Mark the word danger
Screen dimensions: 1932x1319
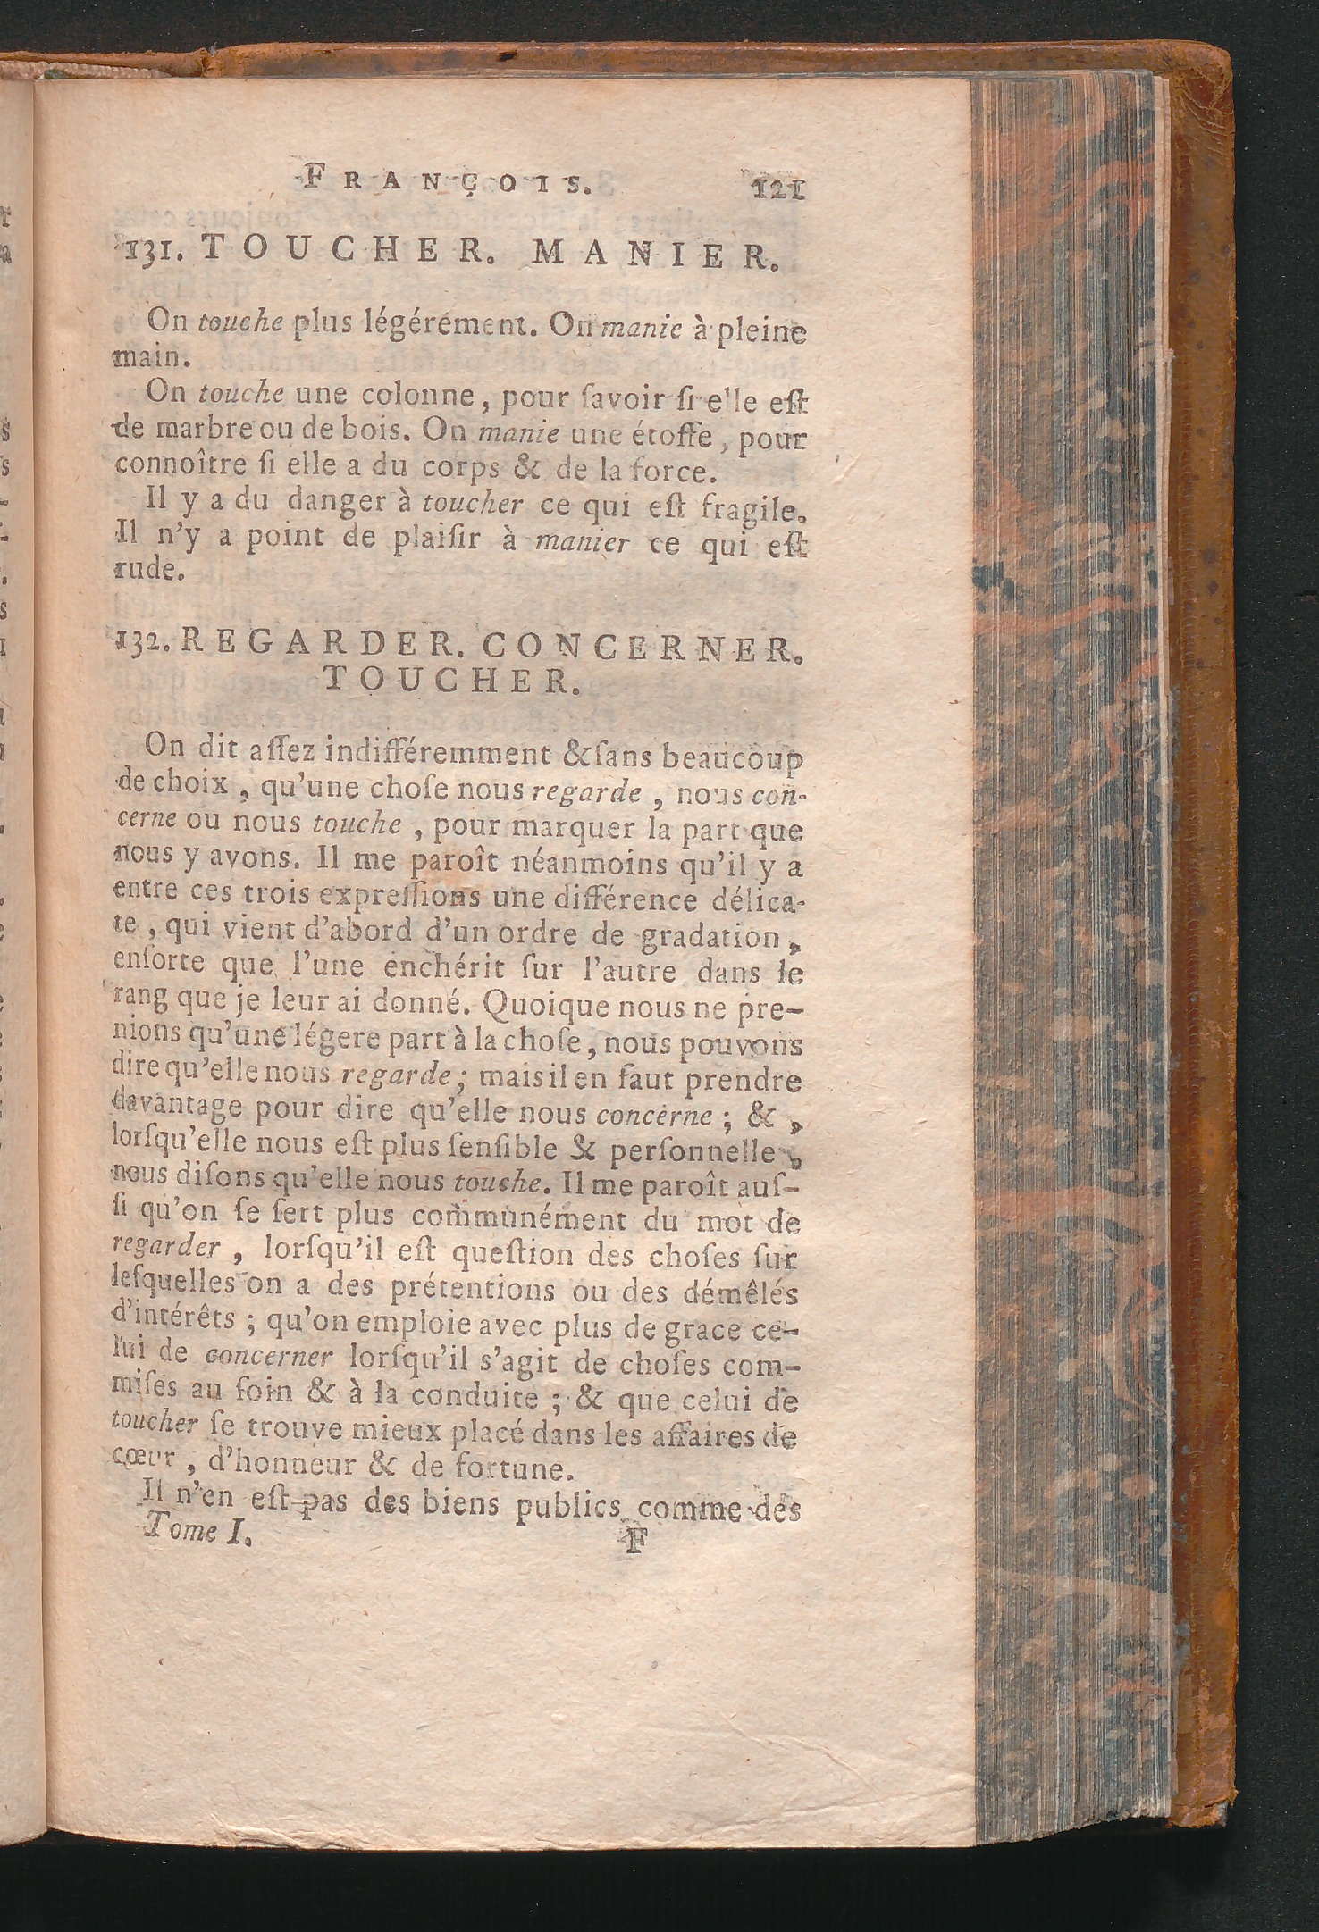(338, 505)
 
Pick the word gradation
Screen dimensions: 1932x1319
(712, 937)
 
